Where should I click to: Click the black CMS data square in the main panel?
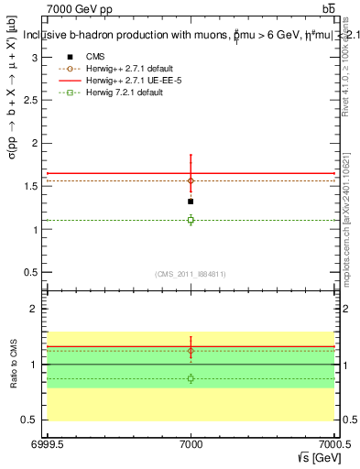[191, 201]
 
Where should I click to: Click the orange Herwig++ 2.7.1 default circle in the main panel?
[191, 180]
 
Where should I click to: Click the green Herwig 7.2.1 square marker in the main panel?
[191, 220]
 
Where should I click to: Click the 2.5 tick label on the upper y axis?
[33, 100]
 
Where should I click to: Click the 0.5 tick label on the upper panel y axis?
[33, 273]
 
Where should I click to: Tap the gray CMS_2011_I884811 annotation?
[191, 274]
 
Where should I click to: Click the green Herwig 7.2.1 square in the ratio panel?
[191, 378]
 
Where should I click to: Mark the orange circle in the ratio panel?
[191, 351]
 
